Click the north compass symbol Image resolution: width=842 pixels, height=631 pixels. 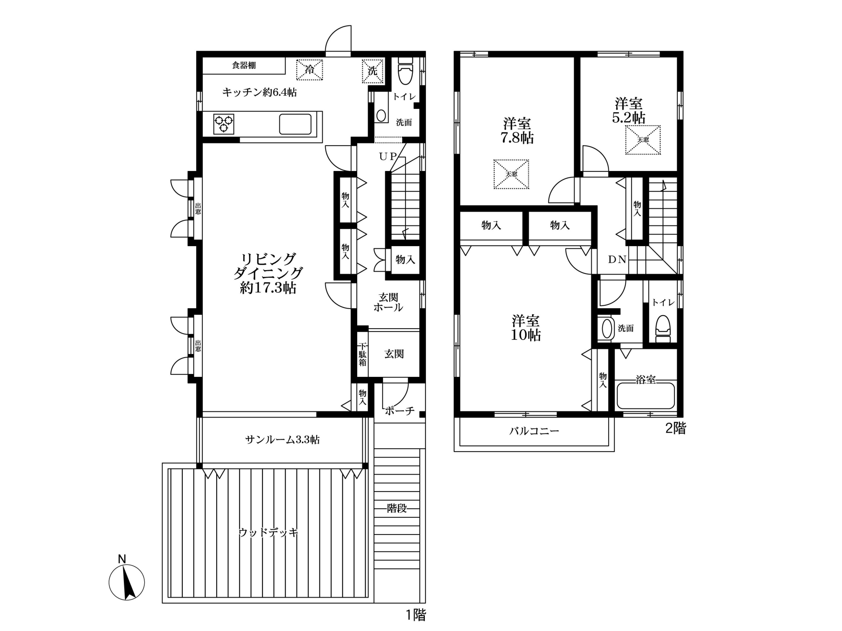[x=127, y=582]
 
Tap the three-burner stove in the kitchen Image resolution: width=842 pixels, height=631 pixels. [x=224, y=124]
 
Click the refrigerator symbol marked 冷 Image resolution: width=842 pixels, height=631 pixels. [x=310, y=70]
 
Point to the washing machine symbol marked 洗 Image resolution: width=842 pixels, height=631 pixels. [x=372, y=71]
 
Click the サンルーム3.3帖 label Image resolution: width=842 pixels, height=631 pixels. [x=282, y=440]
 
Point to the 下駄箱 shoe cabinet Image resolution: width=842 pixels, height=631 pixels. [x=362, y=354]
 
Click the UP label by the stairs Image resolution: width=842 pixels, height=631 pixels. [x=388, y=156]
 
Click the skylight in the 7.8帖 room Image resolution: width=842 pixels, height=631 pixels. [x=511, y=174]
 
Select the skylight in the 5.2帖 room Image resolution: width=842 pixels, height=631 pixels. [x=643, y=140]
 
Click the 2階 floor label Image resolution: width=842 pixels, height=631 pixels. [x=676, y=429]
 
